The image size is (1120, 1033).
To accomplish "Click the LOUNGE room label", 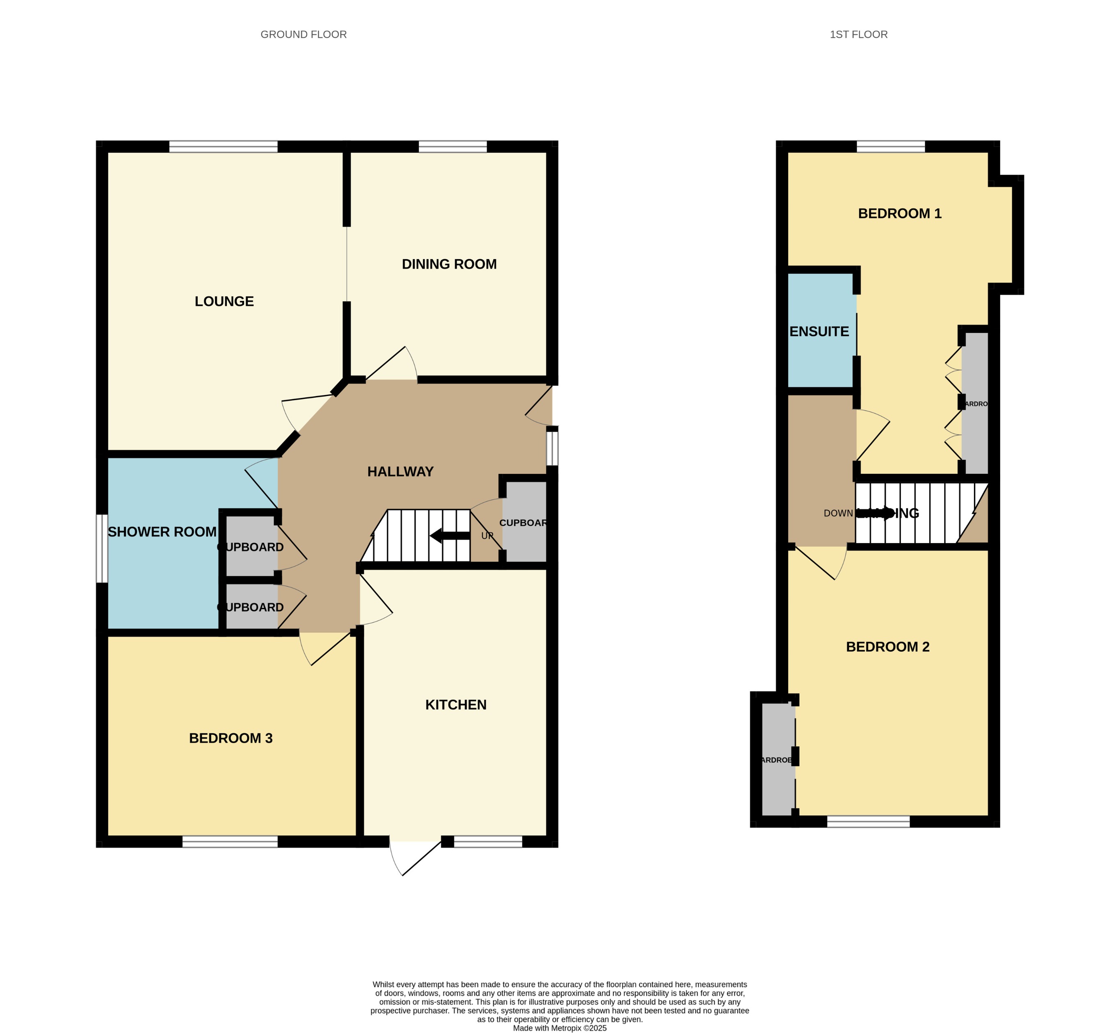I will tap(224, 302).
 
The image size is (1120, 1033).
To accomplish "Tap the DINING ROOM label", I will tap(449, 264).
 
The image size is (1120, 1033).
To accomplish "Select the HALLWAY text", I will tap(400, 472).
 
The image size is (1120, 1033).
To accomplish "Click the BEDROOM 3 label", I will tap(230, 738).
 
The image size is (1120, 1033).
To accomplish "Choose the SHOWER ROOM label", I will tap(162, 532).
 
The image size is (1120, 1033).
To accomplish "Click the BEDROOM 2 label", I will tap(887, 647).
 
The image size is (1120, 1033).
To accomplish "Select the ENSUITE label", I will tap(819, 332).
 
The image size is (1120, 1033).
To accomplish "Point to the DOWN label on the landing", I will tap(837, 514).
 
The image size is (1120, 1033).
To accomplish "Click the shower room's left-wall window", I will tap(102, 548).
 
